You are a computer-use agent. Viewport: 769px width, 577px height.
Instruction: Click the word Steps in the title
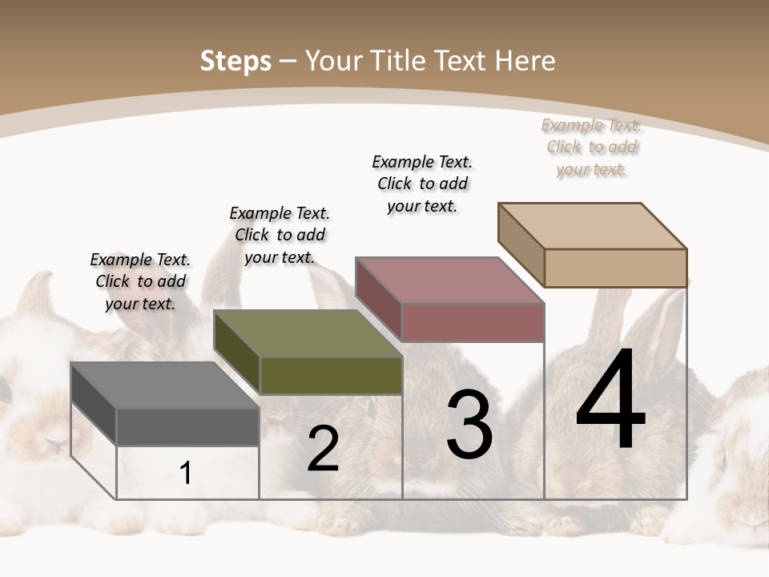tap(236, 62)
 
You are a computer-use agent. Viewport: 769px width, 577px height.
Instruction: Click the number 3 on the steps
tap(469, 425)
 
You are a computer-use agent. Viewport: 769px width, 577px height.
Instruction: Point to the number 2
tap(323, 449)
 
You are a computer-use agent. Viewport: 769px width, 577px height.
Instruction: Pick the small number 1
tap(185, 473)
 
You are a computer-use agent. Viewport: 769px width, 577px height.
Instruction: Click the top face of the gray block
tap(164, 385)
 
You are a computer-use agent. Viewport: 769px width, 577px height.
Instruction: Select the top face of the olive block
tap(308, 333)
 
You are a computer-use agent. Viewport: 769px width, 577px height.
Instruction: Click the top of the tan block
tap(593, 226)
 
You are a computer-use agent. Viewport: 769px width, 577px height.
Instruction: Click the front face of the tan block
tap(615, 268)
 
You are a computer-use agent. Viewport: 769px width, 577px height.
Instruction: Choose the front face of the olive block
tap(331, 375)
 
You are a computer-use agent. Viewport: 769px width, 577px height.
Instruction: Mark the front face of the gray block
tap(187, 426)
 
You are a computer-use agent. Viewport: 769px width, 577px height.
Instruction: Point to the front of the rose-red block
tap(473, 322)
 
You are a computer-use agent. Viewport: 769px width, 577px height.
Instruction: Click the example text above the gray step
tap(140, 281)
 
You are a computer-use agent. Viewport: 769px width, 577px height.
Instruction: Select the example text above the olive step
tap(280, 235)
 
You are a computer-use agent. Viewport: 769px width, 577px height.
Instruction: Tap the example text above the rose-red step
tap(422, 184)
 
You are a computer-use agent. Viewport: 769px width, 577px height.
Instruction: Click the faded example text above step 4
tap(591, 147)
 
